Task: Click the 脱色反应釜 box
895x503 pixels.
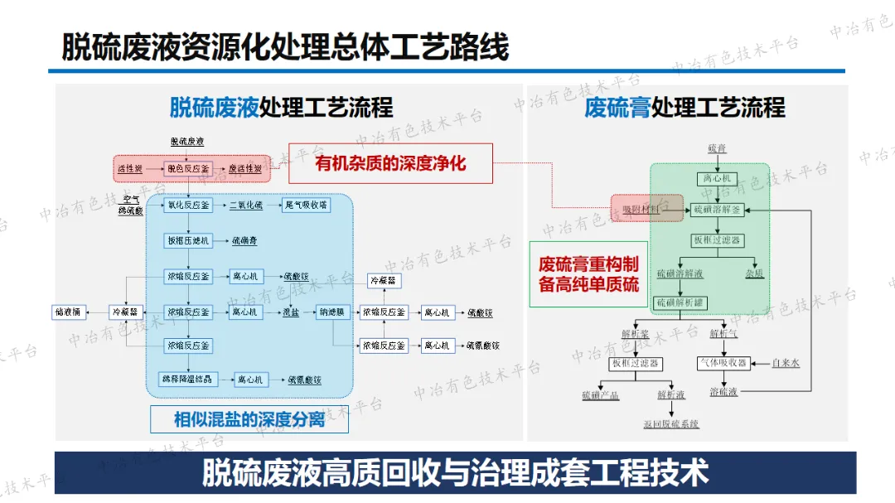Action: point(188,168)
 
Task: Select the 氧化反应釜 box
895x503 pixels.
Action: point(188,205)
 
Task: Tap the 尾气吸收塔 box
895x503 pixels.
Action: point(306,205)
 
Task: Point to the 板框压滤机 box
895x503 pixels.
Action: point(188,241)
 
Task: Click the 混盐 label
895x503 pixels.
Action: point(291,312)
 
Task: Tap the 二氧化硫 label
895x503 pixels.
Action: point(245,205)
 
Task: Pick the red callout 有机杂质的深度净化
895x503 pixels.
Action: point(390,163)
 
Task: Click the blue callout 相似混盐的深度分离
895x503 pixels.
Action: point(249,419)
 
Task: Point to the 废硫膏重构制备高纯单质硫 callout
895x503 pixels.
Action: point(588,274)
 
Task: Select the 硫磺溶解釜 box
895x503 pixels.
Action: point(718,210)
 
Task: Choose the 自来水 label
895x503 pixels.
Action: point(785,363)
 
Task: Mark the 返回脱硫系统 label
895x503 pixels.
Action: point(670,423)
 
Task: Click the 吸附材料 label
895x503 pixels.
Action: point(641,210)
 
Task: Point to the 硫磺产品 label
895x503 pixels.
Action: point(600,395)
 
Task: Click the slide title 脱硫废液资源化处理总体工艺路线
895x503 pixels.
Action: point(285,47)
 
